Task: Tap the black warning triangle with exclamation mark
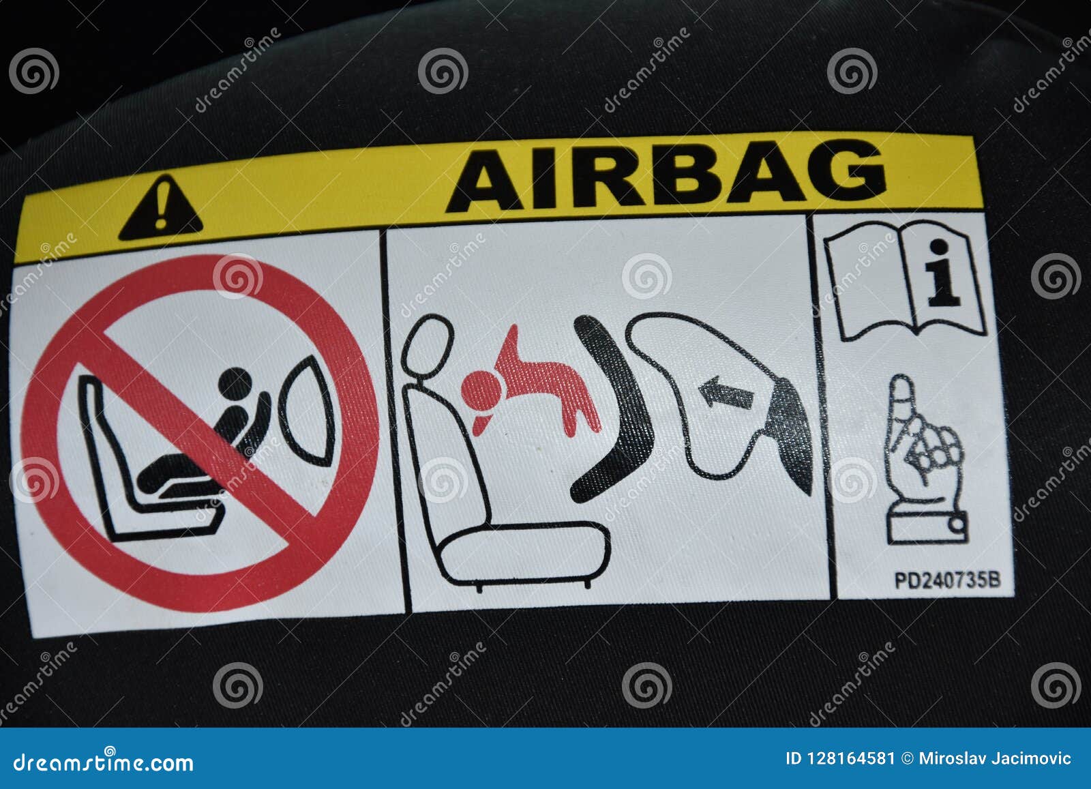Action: [160, 209]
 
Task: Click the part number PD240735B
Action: [946, 580]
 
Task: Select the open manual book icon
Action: [905, 280]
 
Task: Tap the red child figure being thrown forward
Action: [532, 389]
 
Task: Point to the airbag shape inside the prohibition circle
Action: [308, 409]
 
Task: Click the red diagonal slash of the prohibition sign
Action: [198, 430]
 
